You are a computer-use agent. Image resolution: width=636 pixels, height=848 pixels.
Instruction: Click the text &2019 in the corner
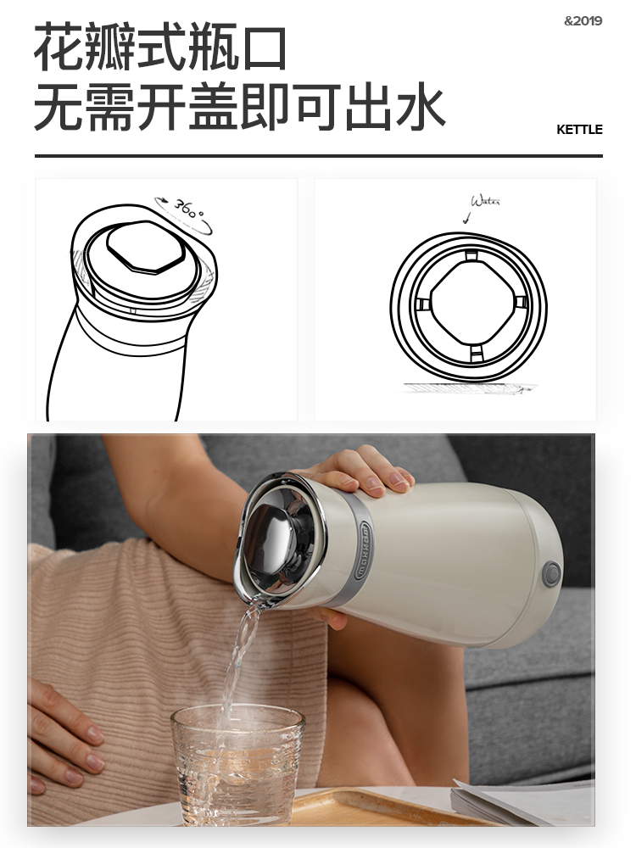tap(583, 21)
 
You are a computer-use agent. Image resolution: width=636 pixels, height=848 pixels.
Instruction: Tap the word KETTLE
tap(579, 130)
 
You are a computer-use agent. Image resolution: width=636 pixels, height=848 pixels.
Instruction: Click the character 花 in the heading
tap(59, 48)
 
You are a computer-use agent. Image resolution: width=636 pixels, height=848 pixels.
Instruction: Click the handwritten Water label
tap(485, 202)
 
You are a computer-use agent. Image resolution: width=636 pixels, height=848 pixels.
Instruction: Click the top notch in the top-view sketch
tap(471, 255)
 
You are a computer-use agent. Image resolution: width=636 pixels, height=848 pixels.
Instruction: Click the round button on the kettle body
tap(552, 573)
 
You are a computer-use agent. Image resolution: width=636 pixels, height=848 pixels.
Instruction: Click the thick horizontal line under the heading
tap(318, 156)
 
